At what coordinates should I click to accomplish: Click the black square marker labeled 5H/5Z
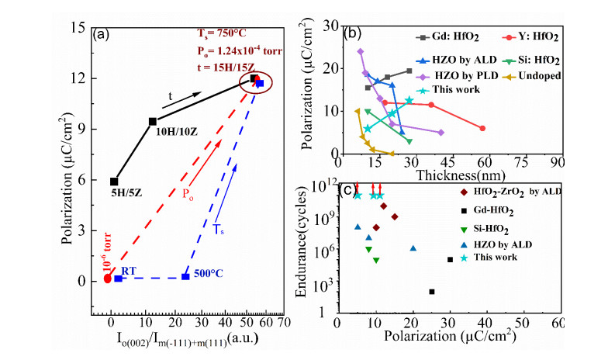114,182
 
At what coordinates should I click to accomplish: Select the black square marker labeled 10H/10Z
153,121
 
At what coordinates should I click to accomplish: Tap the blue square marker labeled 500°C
185,276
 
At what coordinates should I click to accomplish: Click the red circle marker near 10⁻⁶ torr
108,279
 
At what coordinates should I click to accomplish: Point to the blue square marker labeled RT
118,278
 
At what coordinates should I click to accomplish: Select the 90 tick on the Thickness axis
555,163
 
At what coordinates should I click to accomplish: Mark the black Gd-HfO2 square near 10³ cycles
432,292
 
